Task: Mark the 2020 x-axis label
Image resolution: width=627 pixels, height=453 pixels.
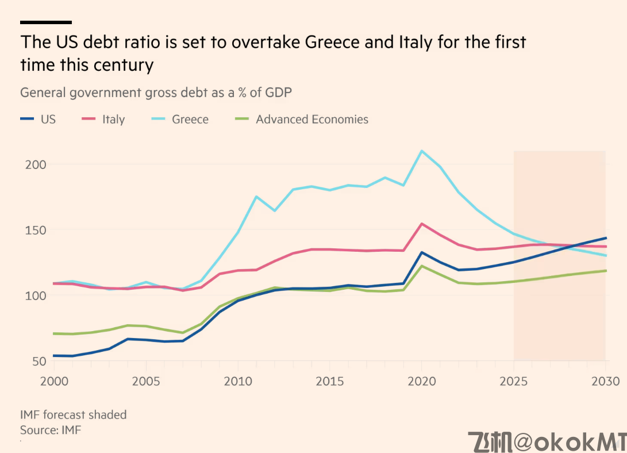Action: point(422,381)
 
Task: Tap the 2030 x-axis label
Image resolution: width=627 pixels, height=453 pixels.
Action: point(605,381)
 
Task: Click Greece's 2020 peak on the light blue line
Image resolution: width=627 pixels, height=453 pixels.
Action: point(422,151)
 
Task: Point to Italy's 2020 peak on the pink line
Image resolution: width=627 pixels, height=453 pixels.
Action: point(422,224)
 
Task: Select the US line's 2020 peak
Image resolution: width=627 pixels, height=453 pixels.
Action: point(422,252)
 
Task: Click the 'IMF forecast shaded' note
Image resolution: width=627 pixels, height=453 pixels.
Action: point(73,414)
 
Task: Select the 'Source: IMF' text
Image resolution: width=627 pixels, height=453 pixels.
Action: point(51,429)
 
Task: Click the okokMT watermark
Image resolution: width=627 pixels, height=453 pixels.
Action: point(546,441)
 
